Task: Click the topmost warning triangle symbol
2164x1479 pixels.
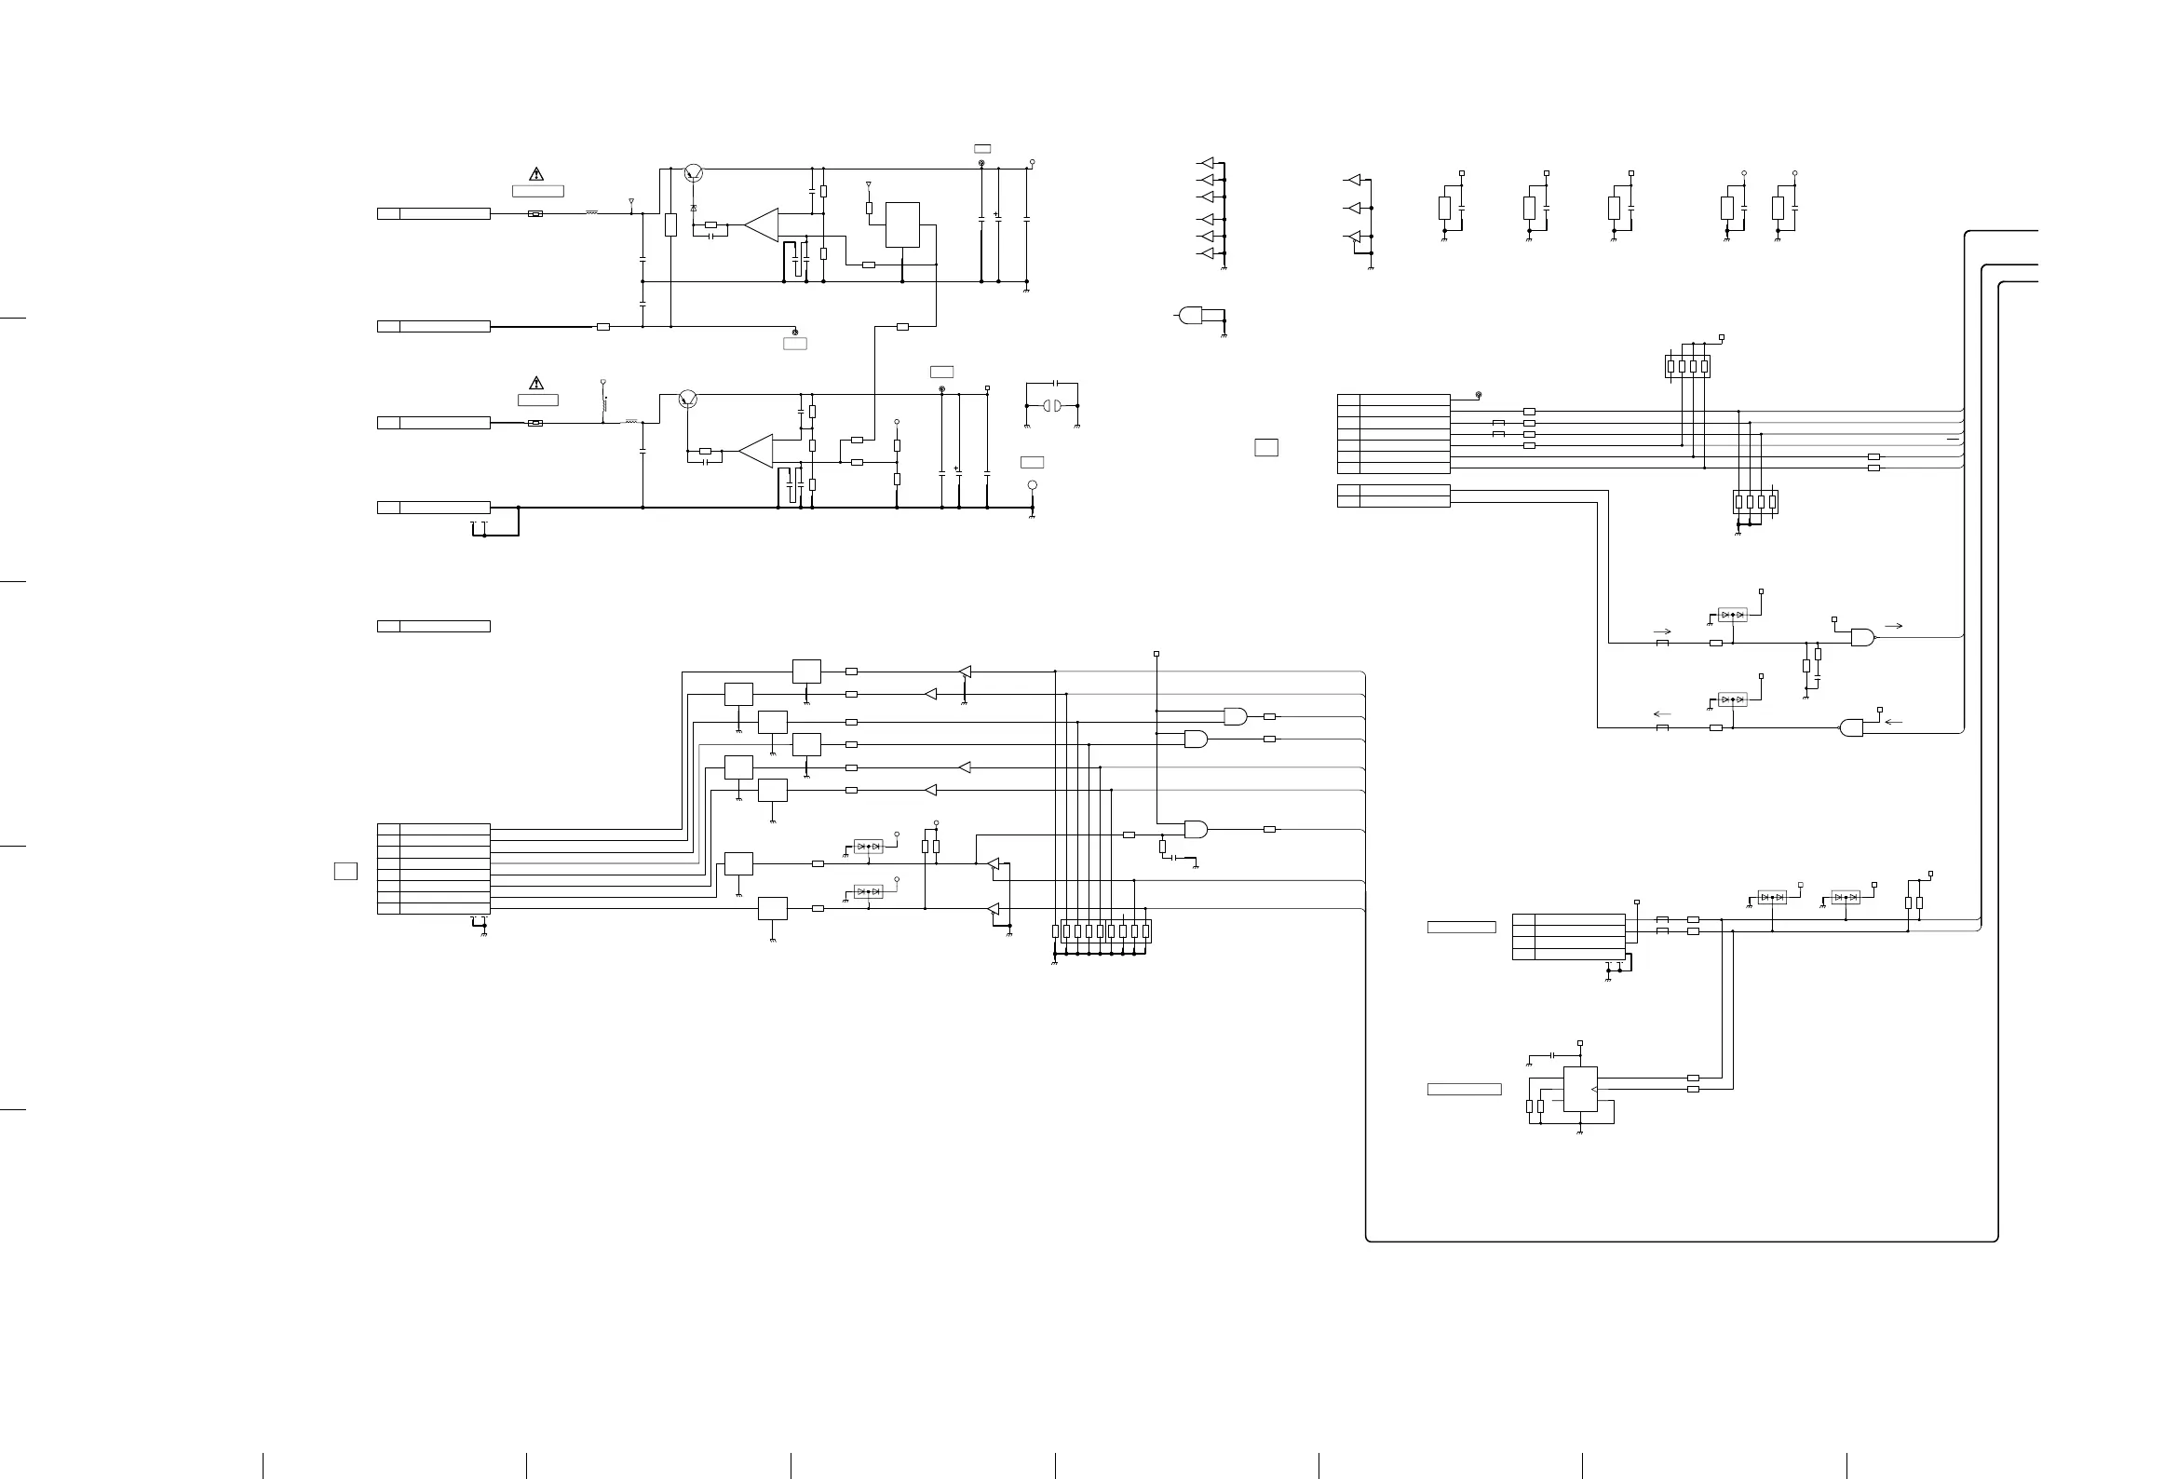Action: click(536, 173)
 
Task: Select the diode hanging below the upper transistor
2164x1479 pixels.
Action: click(694, 207)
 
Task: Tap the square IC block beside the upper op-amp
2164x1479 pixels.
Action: click(902, 224)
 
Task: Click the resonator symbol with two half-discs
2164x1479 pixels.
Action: click(1051, 406)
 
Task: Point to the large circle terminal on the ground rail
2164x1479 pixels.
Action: click(1032, 485)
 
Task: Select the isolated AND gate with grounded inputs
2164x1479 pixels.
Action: click(1190, 316)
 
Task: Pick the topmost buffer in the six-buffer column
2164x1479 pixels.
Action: click(1208, 161)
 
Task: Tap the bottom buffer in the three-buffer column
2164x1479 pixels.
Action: click(1354, 238)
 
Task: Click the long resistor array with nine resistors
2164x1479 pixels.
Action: click(1102, 931)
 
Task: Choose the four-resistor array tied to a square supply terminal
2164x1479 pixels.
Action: click(1687, 366)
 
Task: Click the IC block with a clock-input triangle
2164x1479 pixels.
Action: click(1580, 1089)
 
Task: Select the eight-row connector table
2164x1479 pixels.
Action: click(434, 868)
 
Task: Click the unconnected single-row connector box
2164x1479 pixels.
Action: click(434, 626)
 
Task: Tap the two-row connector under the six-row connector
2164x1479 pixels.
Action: click(1393, 495)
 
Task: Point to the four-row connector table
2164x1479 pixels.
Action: click(1569, 937)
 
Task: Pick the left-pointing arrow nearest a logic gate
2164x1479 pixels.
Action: click(1893, 721)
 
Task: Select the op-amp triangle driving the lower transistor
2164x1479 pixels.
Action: click(756, 451)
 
